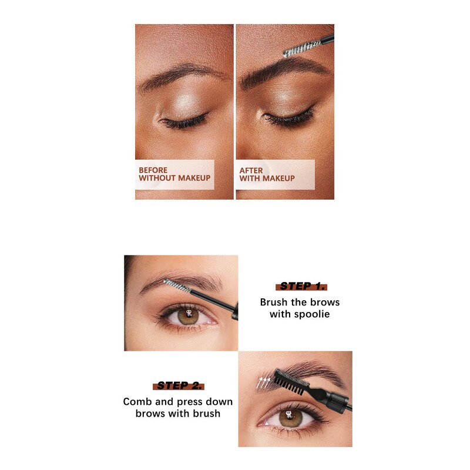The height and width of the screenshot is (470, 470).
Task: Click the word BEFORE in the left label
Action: pyautogui.click(x=153, y=170)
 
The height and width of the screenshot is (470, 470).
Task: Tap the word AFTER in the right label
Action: pyautogui.click(x=251, y=170)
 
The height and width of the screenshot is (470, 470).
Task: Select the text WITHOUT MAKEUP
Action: pyautogui.click(x=174, y=178)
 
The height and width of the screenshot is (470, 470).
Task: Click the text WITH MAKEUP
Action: pyautogui.click(x=267, y=178)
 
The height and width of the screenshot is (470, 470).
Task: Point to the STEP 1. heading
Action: pyautogui.click(x=300, y=286)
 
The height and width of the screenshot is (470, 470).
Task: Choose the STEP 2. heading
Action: pyautogui.click(x=179, y=386)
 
